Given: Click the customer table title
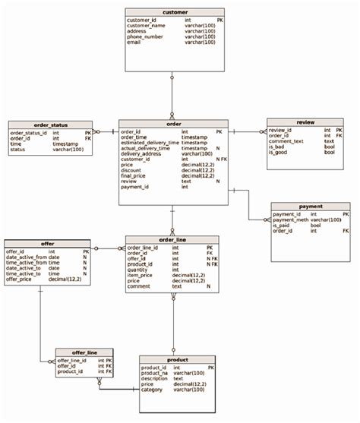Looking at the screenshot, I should pyautogui.click(x=174, y=13).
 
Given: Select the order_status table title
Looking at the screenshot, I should pyautogui.click(x=50, y=125).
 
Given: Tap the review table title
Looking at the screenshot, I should pyautogui.click(x=305, y=122).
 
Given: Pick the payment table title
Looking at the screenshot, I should pyautogui.click(x=311, y=207).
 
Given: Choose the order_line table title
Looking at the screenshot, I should pyautogui.click(x=172, y=239).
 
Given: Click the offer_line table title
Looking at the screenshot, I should pyautogui.click(x=84, y=352).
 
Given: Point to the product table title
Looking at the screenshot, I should pyautogui.click(x=178, y=359).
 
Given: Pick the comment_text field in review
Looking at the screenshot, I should pyautogui.click(x=286, y=141).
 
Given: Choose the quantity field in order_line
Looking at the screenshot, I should pyautogui.click(x=137, y=270).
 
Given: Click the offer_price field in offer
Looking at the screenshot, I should pyautogui.click(x=21, y=279).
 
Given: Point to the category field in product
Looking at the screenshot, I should pyautogui.click(x=153, y=390).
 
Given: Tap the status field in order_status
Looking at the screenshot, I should pyautogui.click(x=17, y=150).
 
